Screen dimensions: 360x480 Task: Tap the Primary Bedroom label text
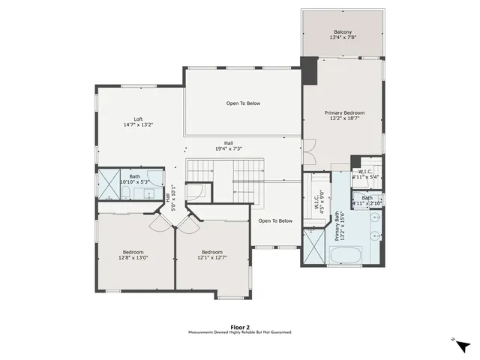point(344,112)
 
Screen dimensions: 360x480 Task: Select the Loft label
point(139,119)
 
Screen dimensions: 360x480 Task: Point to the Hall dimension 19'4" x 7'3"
point(229,149)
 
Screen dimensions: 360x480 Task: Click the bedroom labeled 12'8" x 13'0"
point(133,257)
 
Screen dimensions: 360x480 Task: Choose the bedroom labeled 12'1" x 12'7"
point(212,257)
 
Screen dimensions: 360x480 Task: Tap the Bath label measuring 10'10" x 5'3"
point(135,181)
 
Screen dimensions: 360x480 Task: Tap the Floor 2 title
point(240,327)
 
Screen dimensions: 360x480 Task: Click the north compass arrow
point(463,346)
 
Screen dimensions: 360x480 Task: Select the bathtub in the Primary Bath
point(346,254)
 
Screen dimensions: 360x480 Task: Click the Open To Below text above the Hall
point(243,103)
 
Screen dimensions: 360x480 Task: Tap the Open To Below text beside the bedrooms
point(275,220)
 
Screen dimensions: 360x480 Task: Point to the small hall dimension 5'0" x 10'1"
point(170,198)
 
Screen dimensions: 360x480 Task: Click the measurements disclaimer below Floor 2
point(240,332)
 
